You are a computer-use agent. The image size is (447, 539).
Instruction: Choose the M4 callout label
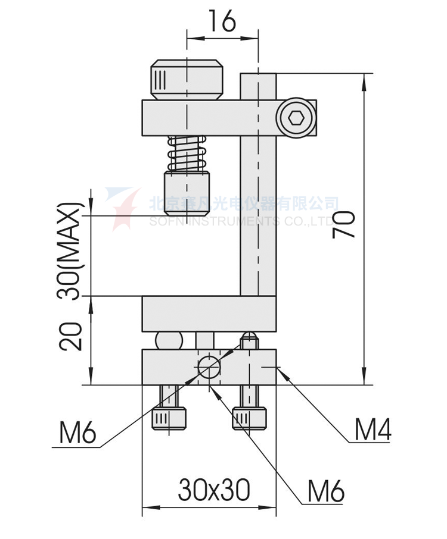[x=372, y=430]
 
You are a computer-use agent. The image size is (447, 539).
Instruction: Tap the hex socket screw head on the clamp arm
[x=296, y=118]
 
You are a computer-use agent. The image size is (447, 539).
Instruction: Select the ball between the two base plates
[x=169, y=340]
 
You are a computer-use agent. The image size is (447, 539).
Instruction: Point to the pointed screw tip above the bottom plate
[x=249, y=341]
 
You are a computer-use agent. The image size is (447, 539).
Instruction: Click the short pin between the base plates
[x=206, y=340]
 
